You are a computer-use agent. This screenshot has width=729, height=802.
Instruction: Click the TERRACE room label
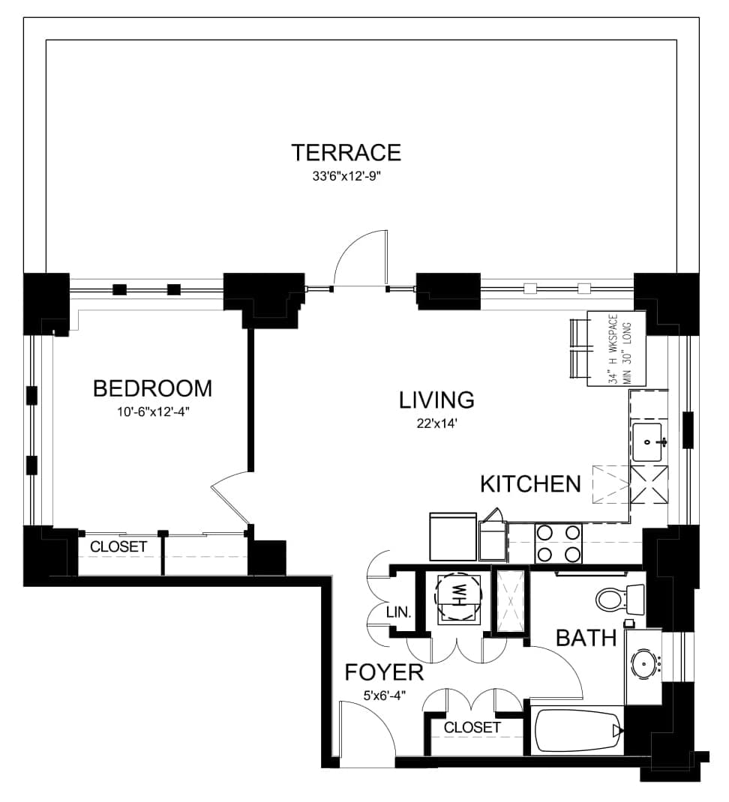346,152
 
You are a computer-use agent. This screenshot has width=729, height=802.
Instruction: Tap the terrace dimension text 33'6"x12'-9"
347,177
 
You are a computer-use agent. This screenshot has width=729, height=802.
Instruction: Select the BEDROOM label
152,389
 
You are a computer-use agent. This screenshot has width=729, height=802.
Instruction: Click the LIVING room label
436,400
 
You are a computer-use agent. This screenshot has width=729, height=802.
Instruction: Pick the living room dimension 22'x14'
436,424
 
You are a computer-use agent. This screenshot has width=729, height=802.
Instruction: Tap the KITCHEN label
530,484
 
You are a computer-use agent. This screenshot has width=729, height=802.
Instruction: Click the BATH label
586,639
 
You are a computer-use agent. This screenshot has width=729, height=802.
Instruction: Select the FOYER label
385,672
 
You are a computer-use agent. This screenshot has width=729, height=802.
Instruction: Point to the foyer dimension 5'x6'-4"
385,696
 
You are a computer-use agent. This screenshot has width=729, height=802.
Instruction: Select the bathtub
578,730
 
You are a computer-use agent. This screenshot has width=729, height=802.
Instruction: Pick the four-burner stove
559,543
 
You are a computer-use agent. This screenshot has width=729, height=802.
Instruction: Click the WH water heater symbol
458,597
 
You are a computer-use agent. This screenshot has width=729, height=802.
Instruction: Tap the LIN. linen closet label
399,612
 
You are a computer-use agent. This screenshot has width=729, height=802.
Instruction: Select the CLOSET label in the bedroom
118,546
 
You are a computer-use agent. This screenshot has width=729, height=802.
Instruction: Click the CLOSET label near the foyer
472,727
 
